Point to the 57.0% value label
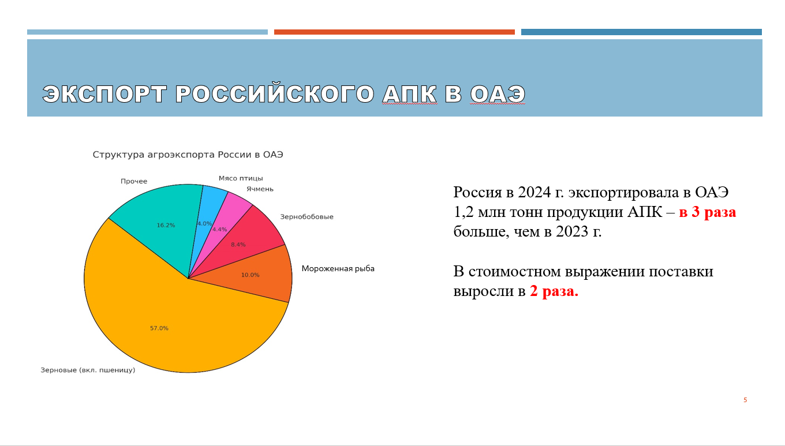(x=159, y=328)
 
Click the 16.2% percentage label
(x=166, y=225)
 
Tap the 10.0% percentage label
(x=250, y=275)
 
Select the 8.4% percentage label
(x=238, y=245)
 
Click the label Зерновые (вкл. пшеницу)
(x=88, y=370)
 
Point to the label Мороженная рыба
(x=338, y=268)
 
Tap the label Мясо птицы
(x=241, y=178)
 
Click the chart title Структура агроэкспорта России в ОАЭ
(x=188, y=155)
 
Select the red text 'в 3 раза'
(x=708, y=212)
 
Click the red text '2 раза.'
(x=554, y=291)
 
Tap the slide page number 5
(x=745, y=400)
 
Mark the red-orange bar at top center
(x=394, y=32)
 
